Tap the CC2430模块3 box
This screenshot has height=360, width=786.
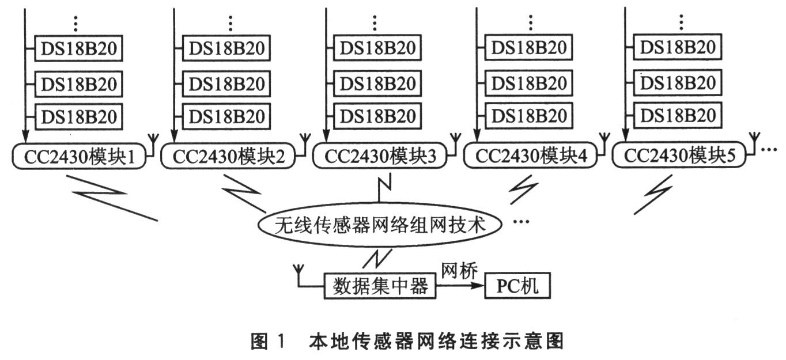coord(380,156)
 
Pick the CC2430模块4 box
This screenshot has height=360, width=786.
coord(530,156)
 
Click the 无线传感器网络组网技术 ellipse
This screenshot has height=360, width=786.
coord(381,225)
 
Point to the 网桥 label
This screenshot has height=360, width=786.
coord(459,270)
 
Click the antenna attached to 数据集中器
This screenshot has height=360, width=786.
coord(298,271)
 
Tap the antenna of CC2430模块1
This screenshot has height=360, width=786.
coord(154,141)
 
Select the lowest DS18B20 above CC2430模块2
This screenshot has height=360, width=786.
coord(227,116)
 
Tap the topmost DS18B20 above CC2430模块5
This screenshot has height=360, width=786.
coord(678,47)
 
